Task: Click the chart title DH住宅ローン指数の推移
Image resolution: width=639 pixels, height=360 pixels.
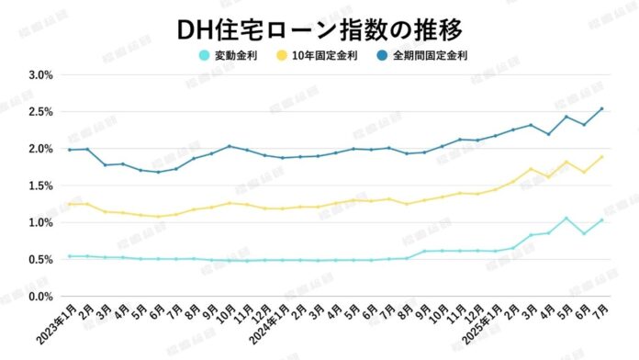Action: [319, 28]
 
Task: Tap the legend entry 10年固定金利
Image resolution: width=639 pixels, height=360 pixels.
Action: [328, 55]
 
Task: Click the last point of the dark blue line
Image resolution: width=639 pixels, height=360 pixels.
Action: [601, 108]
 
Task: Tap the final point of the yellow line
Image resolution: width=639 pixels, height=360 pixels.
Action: [601, 157]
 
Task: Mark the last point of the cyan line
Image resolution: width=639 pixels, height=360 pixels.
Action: [601, 220]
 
